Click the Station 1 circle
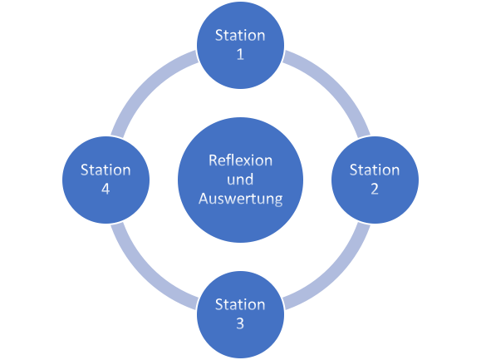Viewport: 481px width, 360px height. [240, 45]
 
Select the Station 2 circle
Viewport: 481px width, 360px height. [375, 179]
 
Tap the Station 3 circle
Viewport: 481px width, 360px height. [240, 313]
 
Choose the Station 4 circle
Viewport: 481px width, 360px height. [106, 179]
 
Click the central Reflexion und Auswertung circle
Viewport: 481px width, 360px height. [240, 179]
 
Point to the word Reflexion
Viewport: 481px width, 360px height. [240, 160]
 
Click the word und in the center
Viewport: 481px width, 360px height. [240, 180]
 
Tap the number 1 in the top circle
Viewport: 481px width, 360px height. [240, 55]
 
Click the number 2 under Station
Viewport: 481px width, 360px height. [375, 190]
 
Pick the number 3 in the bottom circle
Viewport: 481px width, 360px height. [240, 324]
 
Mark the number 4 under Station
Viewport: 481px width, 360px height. [106, 190]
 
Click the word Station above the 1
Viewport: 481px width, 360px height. [240, 35]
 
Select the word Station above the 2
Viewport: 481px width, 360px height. [375, 170]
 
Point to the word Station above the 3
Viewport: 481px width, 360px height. [240, 304]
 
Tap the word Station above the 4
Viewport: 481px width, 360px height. [106, 170]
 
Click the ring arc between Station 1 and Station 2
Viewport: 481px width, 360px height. [335, 84]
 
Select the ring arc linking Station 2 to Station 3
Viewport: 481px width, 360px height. [335, 274]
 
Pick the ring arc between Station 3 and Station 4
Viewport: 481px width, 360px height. [145, 274]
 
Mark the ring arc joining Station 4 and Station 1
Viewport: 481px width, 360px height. [145, 84]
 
